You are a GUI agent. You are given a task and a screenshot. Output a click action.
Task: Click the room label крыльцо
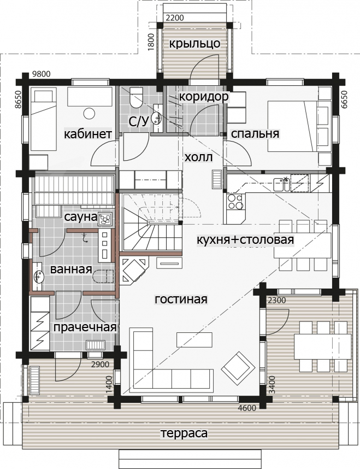coord(194,44)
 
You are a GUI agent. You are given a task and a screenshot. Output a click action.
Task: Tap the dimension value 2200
coord(175,18)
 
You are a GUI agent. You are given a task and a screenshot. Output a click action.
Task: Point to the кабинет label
coord(88,134)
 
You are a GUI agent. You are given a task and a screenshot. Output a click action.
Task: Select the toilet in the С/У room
coord(137,97)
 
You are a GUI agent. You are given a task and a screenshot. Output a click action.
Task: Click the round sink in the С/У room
coord(156,118)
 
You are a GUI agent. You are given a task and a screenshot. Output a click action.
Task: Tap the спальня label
coord(255,134)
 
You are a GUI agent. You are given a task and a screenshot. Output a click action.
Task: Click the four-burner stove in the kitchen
coord(235,202)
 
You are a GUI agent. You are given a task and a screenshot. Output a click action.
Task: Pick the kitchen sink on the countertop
coord(281,184)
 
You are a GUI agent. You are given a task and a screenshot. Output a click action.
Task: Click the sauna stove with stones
coord(105,219)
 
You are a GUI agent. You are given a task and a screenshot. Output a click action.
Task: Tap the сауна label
coord(80,217)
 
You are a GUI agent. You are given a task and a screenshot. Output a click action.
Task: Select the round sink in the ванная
coord(38,276)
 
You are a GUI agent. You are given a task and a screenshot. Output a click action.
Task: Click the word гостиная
coord(181,299)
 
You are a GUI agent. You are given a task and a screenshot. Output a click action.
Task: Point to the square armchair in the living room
coord(238,368)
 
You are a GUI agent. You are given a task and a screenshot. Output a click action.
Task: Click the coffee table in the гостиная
coord(194,339)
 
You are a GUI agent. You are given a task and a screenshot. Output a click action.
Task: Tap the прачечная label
coord(85,327)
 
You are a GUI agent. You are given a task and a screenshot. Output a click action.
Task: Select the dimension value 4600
coord(247,408)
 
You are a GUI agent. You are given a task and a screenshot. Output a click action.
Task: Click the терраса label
coord(184,433)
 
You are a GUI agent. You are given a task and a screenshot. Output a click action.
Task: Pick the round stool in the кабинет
coord(89,114)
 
